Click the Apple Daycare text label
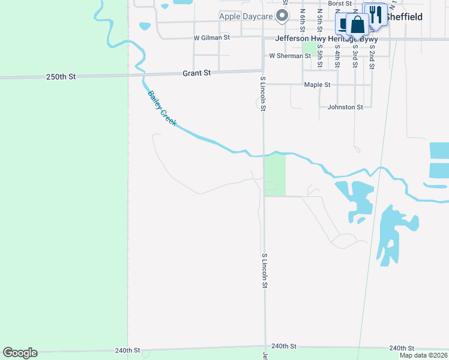point(246,16)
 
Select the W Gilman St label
point(211,37)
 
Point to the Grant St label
point(197,73)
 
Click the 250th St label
point(61,77)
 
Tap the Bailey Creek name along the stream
point(161,108)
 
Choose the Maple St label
point(317,85)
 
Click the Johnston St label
point(345,107)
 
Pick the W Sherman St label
point(290,56)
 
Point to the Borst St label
point(340,4)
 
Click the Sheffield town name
point(403,17)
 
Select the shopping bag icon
point(358,25)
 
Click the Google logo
point(20,353)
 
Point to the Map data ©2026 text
point(423,355)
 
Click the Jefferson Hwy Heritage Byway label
point(326,38)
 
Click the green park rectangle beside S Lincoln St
point(275,173)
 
